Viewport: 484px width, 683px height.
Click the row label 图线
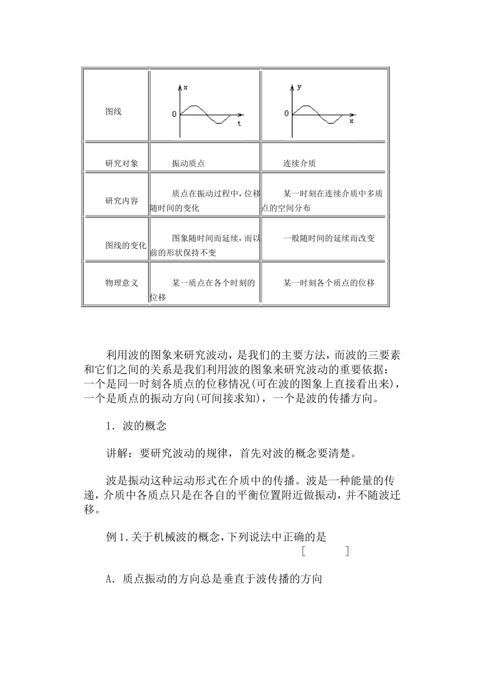point(113,111)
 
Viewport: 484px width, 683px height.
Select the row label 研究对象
point(121,163)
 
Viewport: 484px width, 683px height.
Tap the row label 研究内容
point(121,201)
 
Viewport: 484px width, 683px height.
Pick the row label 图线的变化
point(125,245)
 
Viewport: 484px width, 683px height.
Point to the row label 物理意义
point(121,283)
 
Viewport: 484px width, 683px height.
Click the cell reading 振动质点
point(188,163)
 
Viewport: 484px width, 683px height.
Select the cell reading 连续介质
point(299,163)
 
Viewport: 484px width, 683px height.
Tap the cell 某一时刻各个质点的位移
point(329,283)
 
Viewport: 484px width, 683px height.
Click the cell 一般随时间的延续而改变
point(329,238)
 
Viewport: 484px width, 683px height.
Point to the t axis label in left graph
point(239,124)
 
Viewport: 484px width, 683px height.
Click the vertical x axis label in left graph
point(185,88)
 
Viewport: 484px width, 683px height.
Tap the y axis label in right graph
point(299,87)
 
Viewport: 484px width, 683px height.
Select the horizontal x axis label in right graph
point(352,122)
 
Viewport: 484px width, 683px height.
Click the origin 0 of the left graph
point(174,114)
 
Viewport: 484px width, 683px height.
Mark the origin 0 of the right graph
point(286,113)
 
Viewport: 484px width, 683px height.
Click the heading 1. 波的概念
point(136,426)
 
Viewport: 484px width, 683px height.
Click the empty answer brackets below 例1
point(325,551)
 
